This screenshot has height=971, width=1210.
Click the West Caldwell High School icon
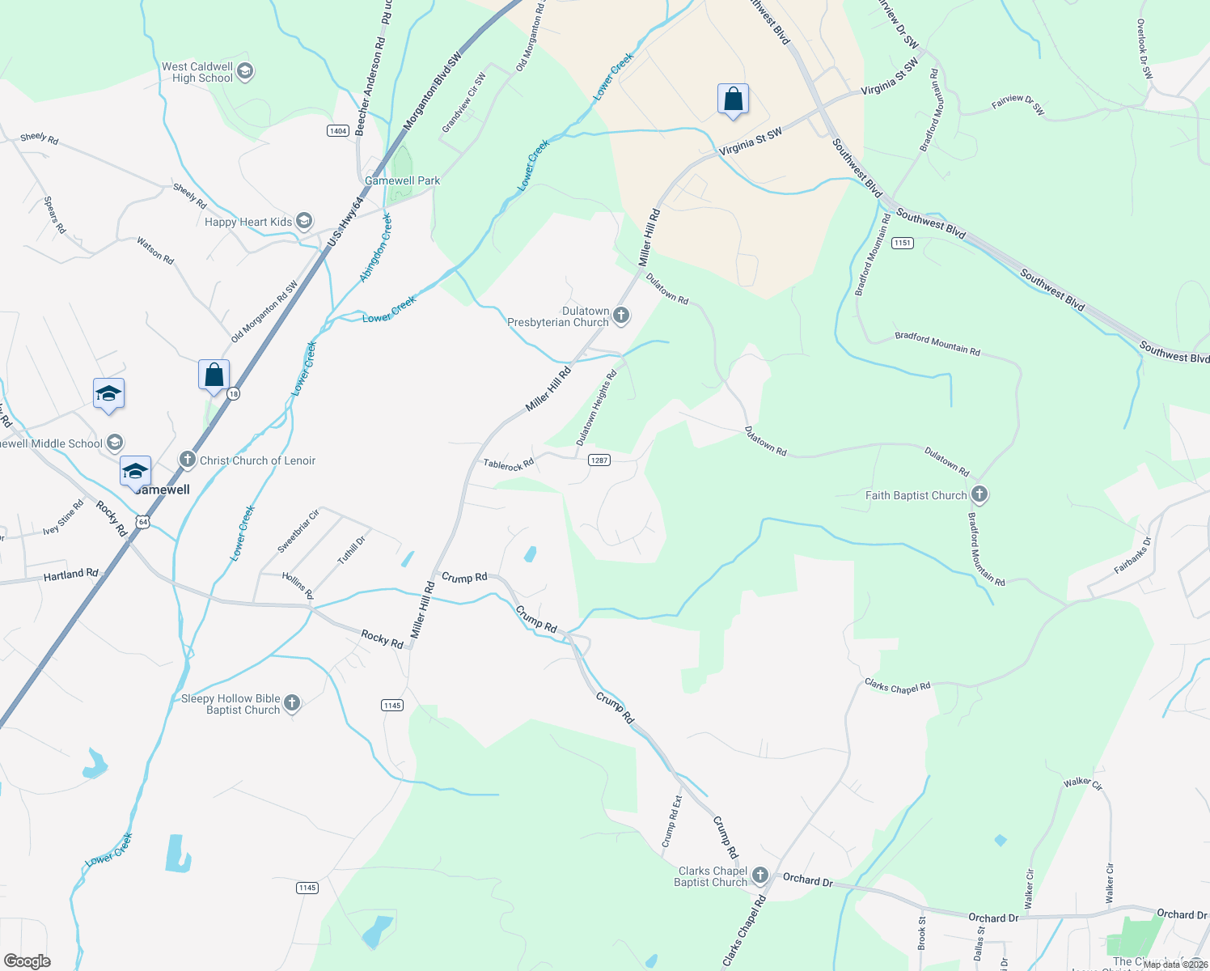[x=245, y=72]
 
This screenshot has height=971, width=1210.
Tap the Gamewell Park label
[x=402, y=180]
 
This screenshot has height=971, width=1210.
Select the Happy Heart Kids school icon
[x=304, y=221]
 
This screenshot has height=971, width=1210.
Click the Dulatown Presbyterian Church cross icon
[x=621, y=316]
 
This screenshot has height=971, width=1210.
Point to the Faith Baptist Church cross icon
[x=979, y=494]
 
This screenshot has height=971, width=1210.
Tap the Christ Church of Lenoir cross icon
[x=188, y=460]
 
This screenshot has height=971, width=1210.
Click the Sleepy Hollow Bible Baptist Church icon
[x=292, y=703]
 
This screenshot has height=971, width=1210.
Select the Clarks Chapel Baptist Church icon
[x=759, y=876]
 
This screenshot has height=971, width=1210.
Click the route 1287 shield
[x=599, y=460]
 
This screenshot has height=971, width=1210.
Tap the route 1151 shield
[x=902, y=243]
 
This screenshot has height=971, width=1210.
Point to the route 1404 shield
[x=338, y=130]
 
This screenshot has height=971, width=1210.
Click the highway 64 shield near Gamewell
[x=142, y=522]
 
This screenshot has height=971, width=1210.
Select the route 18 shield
[x=233, y=394]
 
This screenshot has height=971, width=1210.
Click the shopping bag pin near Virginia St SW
[x=733, y=100]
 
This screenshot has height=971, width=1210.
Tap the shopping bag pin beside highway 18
[x=214, y=375]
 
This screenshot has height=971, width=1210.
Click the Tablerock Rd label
[x=508, y=464]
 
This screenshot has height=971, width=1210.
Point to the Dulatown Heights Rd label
[x=596, y=407]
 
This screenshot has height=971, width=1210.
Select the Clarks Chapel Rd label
[x=897, y=686]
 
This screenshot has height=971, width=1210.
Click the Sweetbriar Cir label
[x=298, y=531]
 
